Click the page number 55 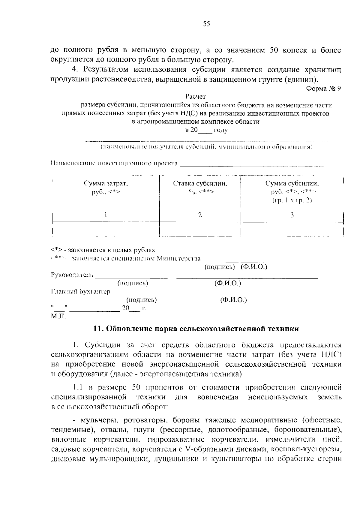click(x=206, y=24)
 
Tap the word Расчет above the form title click(x=196, y=97)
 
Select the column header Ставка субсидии click(x=200, y=184)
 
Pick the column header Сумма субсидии click(x=292, y=184)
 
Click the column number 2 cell click(x=200, y=215)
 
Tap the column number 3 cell click(x=292, y=215)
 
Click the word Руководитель click(x=72, y=275)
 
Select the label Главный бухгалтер click(x=81, y=292)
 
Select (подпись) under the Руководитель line click(x=133, y=283)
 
